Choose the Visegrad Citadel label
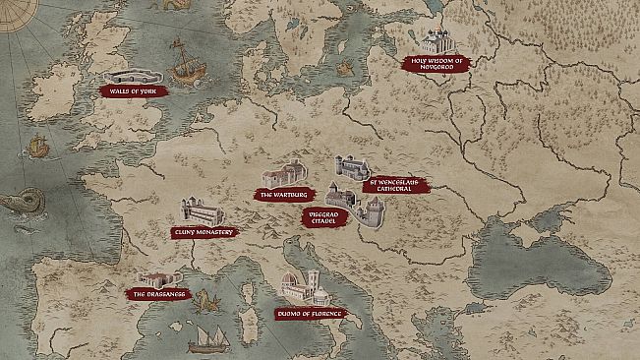click(325, 217)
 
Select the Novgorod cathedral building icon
click(435, 41)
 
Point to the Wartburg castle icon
click(284, 174)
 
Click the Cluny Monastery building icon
click(201, 211)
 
